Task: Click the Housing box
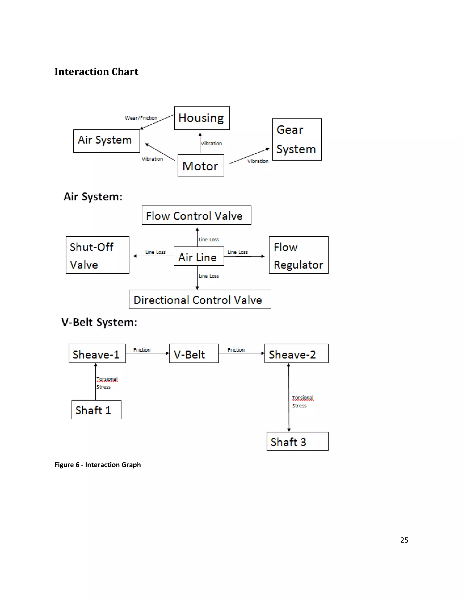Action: coord(202,118)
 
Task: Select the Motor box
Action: coord(201,166)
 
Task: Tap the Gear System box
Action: coord(297,139)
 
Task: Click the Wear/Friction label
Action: coord(141,118)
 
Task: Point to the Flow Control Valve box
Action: coord(196,215)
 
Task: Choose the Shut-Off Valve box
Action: coord(97,255)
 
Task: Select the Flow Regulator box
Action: coord(298,255)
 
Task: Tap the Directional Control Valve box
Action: coord(200,300)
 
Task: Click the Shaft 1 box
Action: coord(96,410)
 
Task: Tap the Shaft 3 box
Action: coord(297,441)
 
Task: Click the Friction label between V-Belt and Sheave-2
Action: coord(236,350)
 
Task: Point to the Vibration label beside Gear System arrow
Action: coord(258,161)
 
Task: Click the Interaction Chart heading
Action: coord(96,72)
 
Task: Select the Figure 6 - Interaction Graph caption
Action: coord(97,465)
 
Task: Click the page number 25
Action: coord(404,540)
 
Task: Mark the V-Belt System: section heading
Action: coord(99,322)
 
